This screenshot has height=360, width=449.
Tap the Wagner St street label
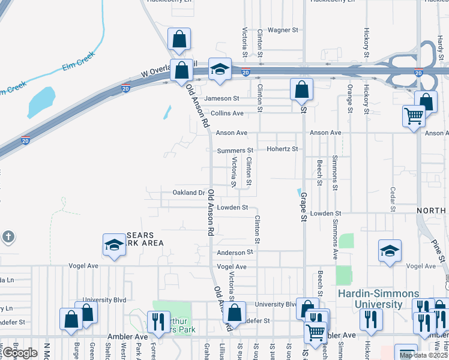click(x=283, y=30)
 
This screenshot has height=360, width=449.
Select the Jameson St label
click(x=221, y=98)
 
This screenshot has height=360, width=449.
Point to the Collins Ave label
click(x=227, y=113)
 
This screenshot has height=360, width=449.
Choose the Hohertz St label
click(x=283, y=149)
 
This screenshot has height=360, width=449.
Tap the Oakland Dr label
click(x=189, y=193)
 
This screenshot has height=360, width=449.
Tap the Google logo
click(x=20, y=352)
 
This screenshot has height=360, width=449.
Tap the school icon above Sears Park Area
click(x=114, y=244)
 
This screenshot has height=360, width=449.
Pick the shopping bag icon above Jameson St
click(x=301, y=89)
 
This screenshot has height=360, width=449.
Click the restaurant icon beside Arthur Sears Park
click(x=158, y=321)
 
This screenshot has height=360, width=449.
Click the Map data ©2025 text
click(x=424, y=355)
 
